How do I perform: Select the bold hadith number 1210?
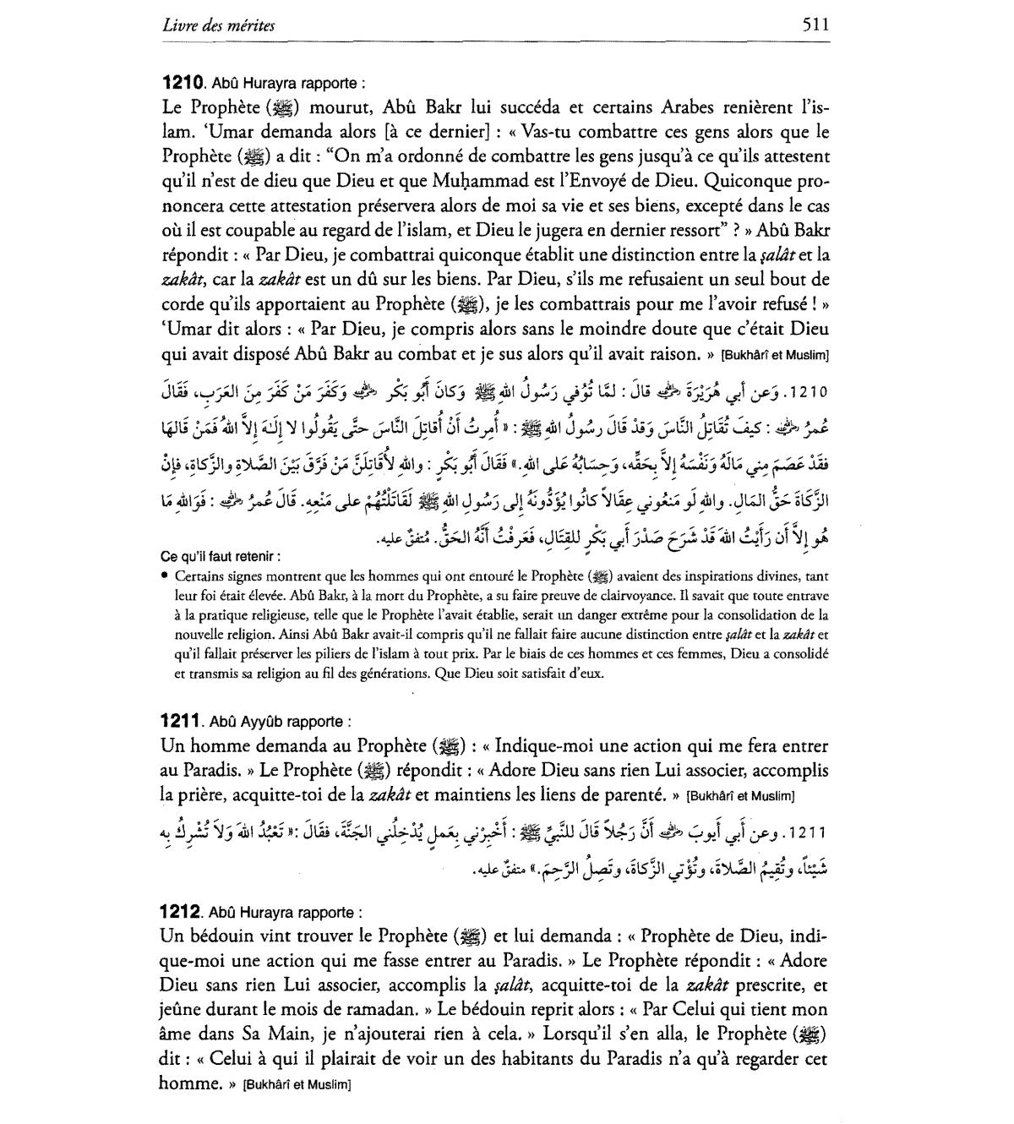(x=183, y=84)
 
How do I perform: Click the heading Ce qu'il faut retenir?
(x=221, y=557)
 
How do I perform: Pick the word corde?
(x=184, y=303)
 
